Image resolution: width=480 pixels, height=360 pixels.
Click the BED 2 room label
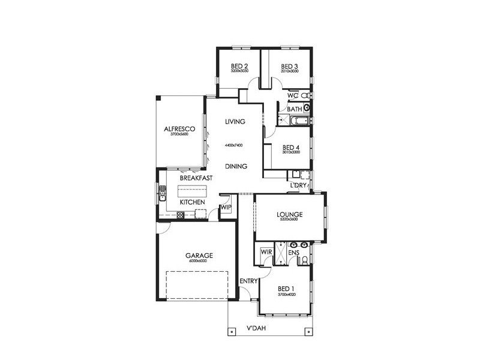(240, 66)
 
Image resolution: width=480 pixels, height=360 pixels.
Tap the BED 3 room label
(290, 66)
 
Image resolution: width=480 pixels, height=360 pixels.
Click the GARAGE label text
(199, 256)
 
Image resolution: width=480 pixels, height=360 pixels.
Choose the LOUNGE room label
(289, 214)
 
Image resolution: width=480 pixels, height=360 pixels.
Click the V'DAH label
(256, 329)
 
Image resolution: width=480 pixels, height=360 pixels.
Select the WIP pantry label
(226, 207)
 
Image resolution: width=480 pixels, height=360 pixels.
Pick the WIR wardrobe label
(266, 253)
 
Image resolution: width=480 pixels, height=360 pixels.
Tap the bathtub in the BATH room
(298, 122)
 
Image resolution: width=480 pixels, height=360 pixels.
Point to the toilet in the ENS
(305, 260)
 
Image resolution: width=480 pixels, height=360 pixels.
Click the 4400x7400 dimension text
(235, 146)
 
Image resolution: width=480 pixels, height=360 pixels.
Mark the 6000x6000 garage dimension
(199, 262)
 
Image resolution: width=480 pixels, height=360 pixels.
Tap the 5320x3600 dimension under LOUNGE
(289, 220)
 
